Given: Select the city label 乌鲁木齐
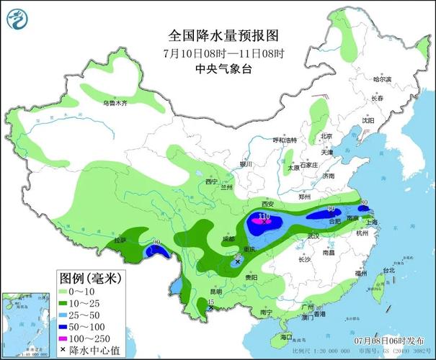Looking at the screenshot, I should (x=115, y=104).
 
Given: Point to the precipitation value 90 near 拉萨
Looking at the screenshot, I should (x=158, y=243).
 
